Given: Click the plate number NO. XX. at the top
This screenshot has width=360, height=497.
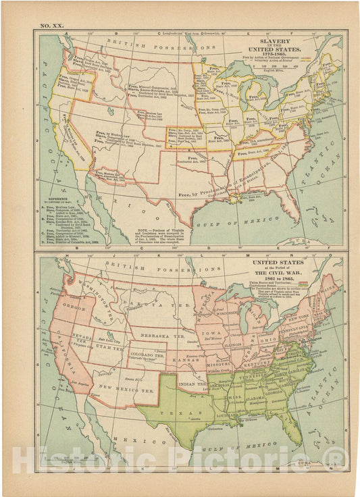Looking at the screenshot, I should (x=53, y=25).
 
